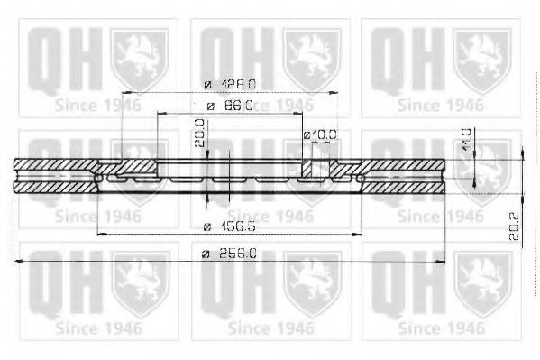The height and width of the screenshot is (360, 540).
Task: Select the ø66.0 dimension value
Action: pos(229,106)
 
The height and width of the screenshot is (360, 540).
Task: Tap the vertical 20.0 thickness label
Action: pos(200,134)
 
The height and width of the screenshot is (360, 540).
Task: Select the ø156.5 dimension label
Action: pos(229,226)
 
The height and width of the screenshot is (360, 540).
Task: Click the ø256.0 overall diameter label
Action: pos(231,254)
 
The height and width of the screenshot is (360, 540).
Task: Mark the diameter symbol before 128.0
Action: pos(207,83)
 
